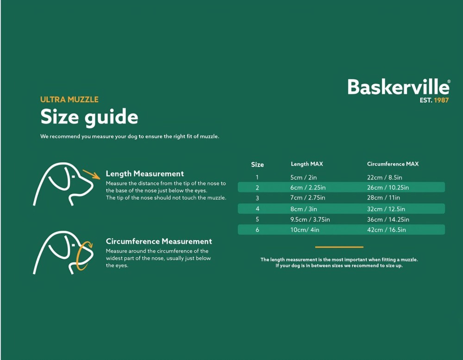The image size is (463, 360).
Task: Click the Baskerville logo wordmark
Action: (x=399, y=87)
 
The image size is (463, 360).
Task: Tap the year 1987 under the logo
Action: (x=441, y=100)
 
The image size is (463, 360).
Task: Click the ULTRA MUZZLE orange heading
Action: (x=69, y=99)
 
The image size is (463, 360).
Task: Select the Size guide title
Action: (x=89, y=117)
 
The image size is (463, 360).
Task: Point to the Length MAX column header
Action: (x=307, y=164)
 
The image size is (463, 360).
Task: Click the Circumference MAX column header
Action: (x=393, y=164)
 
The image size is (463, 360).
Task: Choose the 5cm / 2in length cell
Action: (x=304, y=177)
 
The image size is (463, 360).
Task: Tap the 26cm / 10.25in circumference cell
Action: (x=388, y=187)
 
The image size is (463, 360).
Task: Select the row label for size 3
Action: (x=257, y=198)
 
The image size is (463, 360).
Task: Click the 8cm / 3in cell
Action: (x=304, y=209)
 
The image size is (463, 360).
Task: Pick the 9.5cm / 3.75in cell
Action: (x=310, y=219)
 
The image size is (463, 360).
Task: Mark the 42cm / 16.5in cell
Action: (x=387, y=230)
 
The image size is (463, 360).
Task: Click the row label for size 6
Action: (x=257, y=230)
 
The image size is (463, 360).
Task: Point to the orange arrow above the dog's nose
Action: (x=91, y=174)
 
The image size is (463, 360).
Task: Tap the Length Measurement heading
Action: (x=144, y=174)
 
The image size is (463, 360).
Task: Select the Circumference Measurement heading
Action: (x=159, y=242)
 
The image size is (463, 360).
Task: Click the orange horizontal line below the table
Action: (x=339, y=247)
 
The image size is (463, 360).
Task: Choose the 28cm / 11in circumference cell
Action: (x=383, y=198)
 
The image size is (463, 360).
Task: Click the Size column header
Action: (x=257, y=165)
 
